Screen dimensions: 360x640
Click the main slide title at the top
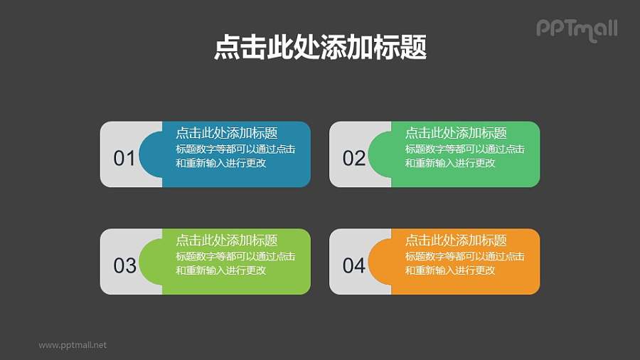pos(320,48)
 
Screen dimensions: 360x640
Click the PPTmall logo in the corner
pos(576,29)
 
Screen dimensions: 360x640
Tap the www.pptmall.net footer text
pos(73,345)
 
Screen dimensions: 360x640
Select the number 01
pos(124,158)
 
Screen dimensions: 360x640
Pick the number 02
pos(353,158)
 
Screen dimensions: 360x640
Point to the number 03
pos(124,265)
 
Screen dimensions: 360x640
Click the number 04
pos(353,265)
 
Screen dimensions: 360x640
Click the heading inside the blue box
pos(226,133)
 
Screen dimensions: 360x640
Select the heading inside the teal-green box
pos(456,133)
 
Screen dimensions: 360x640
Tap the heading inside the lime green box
pos(226,240)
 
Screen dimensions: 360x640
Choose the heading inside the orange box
pos(456,240)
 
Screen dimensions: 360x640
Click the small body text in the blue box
pos(235,156)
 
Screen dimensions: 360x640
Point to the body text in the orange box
pos(464,263)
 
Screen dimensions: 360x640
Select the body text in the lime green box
pos(235,263)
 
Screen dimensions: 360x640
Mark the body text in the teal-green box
pos(464,156)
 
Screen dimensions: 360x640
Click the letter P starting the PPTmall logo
pos(543,28)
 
